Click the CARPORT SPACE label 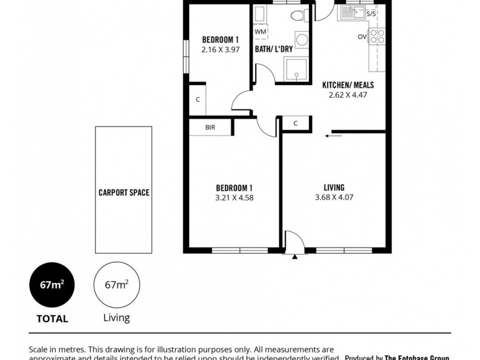tap(124, 193)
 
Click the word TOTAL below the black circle tap(52, 319)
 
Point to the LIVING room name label tap(333, 187)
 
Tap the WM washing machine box tap(260, 31)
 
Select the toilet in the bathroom tap(296, 16)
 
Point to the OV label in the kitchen tap(362, 37)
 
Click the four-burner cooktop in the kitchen tap(377, 36)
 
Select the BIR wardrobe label tap(210, 127)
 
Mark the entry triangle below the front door tap(295, 256)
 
